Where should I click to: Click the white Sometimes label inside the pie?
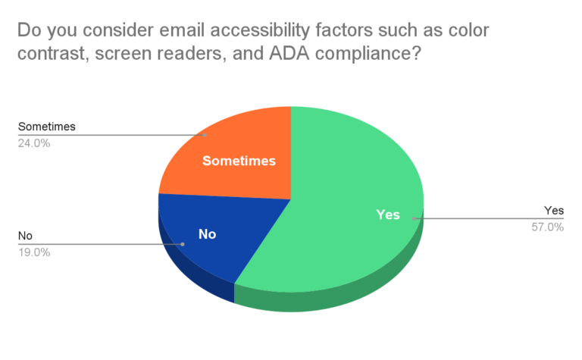(239, 161)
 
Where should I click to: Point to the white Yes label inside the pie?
(388, 214)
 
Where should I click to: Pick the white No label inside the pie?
(207, 234)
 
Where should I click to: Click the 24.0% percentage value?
(34, 143)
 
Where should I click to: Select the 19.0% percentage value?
(34, 252)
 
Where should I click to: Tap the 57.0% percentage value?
(547, 227)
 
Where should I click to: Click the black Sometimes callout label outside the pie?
(47, 127)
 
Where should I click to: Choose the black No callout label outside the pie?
(25, 236)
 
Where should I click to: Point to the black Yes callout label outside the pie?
(554, 211)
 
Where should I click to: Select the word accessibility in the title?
(260, 30)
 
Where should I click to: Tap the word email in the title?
(182, 30)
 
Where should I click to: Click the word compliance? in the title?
(368, 54)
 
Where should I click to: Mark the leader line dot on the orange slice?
(205, 135)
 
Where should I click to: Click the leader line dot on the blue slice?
(182, 244)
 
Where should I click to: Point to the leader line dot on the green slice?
(414, 218)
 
